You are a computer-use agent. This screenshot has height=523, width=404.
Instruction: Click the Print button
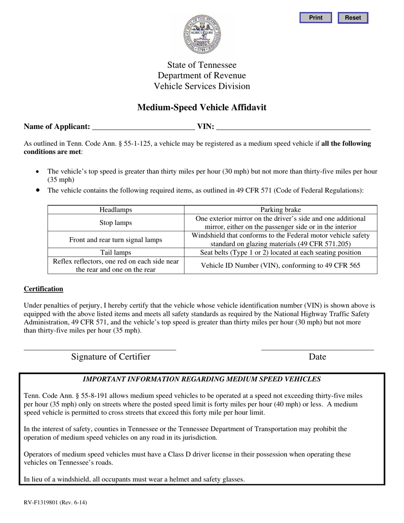point(316,18)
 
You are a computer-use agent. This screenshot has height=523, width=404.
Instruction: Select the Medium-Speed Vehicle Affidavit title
point(202,108)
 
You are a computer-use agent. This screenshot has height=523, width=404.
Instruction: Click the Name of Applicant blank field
point(143,126)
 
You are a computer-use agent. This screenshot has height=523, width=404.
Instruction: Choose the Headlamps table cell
point(116,210)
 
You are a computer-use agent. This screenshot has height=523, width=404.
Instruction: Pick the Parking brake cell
point(280,210)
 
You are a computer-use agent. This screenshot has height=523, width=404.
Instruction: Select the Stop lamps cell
point(116,222)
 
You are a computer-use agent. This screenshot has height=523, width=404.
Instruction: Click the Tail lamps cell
point(116,253)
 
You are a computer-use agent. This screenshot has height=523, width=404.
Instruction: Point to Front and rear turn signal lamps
point(116,240)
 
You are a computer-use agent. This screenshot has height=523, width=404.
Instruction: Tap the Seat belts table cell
point(280,253)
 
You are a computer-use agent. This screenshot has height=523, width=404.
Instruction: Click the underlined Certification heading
point(43,289)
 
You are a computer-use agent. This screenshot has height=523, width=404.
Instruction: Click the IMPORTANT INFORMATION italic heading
point(202,379)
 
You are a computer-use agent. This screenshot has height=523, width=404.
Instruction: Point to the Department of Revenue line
point(202,76)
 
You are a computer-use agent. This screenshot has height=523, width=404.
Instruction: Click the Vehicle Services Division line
point(202,86)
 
